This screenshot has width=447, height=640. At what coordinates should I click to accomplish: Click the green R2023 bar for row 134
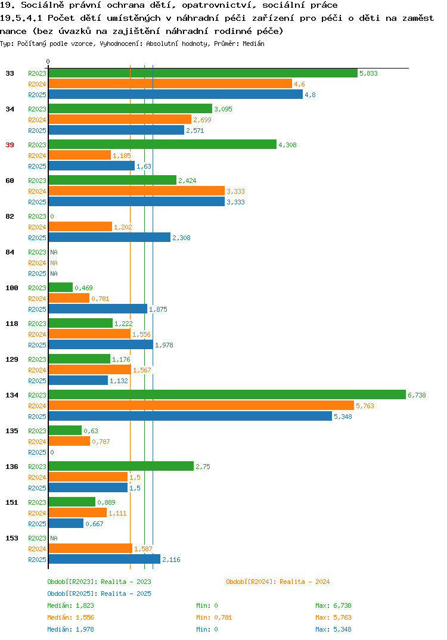[x=227, y=394]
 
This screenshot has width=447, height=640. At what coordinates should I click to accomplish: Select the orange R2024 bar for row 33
[x=170, y=83]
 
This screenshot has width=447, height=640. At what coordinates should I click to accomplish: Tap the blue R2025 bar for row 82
[x=110, y=238]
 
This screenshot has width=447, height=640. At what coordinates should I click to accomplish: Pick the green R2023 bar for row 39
[x=163, y=144]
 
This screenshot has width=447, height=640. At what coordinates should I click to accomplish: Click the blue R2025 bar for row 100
[x=98, y=309]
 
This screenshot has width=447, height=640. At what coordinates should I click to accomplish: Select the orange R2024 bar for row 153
[x=91, y=549]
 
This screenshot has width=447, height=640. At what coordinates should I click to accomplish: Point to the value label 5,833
[x=368, y=73]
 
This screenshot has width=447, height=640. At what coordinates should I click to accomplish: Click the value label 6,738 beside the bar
[x=417, y=395]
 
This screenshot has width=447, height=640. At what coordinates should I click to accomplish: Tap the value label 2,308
[x=181, y=238]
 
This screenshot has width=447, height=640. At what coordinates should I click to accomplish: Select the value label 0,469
[x=83, y=288]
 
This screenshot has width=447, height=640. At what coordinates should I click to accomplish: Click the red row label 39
[x=10, y=145]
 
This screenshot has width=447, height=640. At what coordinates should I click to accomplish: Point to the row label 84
[x=10, y=252]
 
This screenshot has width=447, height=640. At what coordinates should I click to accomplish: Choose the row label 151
[x=12, y=502]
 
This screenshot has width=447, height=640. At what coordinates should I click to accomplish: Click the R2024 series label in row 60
[x=37, y=191]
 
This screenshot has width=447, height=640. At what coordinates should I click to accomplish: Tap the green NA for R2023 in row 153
[x=54, y=538]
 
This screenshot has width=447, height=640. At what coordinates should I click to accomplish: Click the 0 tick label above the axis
[x=48, y=61]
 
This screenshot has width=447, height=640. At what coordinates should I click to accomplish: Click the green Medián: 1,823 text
[x=70, y=605]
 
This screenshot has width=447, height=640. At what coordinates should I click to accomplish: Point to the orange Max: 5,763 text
[x=333, y=617]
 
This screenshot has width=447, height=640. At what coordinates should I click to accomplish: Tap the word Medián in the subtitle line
[x=253, y=44]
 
